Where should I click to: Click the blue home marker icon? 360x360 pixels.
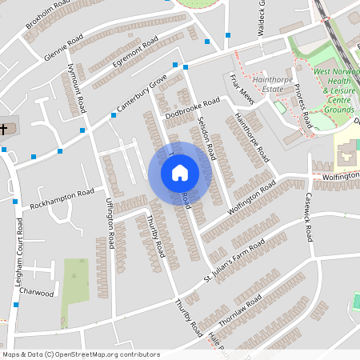180,172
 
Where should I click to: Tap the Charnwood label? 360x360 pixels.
37,293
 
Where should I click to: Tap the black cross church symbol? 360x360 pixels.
4,129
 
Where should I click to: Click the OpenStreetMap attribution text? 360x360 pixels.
81,354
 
